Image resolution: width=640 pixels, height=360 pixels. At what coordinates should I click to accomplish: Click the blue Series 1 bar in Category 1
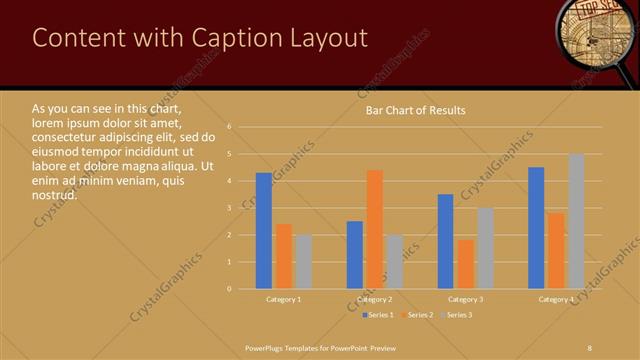(264, 231)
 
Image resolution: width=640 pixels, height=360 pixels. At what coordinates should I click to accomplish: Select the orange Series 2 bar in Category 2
(375, 229)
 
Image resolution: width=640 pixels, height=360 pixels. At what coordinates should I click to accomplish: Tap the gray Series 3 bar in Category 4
(576, 221)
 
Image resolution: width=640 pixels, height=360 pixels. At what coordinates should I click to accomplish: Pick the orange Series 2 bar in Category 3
(465, 264)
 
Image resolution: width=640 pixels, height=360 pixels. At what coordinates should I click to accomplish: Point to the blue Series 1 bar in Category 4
(536, 228)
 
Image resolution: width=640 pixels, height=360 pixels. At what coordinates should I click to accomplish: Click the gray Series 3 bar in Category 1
(303, 262)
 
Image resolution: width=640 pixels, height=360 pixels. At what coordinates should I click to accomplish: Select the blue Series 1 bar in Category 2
(355, 255)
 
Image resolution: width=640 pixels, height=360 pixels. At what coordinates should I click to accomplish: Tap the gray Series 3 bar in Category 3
(485, 248)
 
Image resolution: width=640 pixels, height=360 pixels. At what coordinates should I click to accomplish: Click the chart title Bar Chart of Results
(415, 110)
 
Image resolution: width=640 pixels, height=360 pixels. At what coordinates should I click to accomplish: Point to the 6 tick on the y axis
(230, 127)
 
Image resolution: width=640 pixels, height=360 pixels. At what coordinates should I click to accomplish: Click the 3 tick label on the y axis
(230, 208)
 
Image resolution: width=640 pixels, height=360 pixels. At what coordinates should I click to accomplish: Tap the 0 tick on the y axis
(230, 289)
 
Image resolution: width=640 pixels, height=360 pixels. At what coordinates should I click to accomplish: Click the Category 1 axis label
(284, 299)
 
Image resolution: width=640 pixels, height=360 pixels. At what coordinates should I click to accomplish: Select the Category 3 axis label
(465, 299)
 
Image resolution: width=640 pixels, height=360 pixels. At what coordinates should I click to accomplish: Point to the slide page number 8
(590, 346)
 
